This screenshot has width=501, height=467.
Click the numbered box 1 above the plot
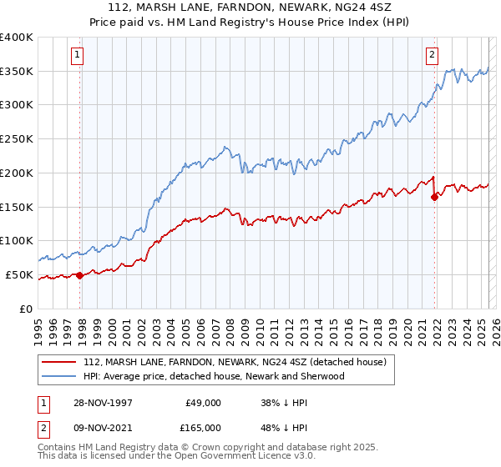pos(76,56)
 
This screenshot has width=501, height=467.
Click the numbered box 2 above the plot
pos(432,56)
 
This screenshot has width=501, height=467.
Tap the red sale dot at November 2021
pos(434,197)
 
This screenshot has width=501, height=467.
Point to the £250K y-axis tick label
pos(17,139)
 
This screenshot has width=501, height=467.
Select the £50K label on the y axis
pos(20,274)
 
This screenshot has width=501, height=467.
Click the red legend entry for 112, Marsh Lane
pos(234,363)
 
